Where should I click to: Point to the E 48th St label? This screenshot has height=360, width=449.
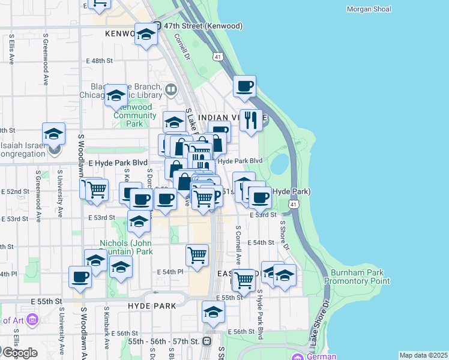[99, 61]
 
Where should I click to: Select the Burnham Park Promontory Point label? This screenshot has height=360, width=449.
[357, 276]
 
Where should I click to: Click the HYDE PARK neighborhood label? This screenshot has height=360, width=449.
[152, 306]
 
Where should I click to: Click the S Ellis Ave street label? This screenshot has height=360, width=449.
[11, 49]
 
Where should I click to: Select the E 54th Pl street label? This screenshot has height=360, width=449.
[170, 272]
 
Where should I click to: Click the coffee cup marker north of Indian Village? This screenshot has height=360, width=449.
[245, 86]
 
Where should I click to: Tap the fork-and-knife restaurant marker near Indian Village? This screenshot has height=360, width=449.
[251, 120]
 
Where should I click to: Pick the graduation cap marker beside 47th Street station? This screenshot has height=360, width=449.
[145, 34]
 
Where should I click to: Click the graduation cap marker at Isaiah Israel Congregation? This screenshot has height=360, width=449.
[53, 133]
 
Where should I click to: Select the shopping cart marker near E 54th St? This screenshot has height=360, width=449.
[197, 256]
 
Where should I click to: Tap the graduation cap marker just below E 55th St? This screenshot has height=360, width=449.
[213, 312]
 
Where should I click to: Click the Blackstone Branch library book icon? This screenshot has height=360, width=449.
[171, 91]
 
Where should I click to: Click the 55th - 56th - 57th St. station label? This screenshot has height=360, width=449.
[164, 341]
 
